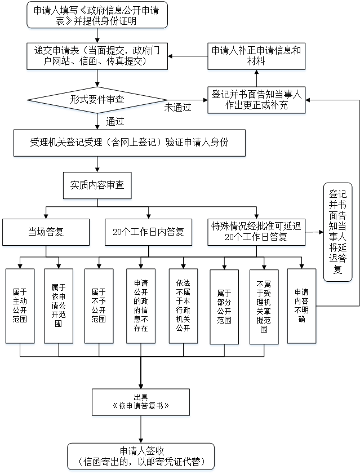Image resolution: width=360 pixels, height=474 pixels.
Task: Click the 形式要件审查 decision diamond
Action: pyautogui.click(x=96, y=99)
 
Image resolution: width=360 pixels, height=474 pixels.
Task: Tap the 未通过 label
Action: pyautogui.click(x=177, y=107)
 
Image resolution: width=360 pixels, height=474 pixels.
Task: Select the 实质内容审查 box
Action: pyautogui.click(x=97, y=184)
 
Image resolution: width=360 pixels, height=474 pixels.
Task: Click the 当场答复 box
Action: pyautogui.click(x=46, y=232)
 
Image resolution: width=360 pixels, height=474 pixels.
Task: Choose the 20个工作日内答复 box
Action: pyautogui.click(x=149, y=232)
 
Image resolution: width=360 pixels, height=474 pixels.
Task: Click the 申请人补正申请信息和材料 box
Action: pyautogui.click(x=256, y=55)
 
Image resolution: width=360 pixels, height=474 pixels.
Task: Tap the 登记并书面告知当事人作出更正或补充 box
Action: pyautogui.click(x=256, y=100)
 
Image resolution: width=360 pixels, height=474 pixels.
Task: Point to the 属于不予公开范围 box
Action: pyautogui.click(x=99, y=305)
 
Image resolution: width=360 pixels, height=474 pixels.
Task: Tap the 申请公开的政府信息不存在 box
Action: pyautogui.click(x=140, y=305)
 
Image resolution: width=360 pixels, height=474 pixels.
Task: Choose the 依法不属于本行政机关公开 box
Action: pyautogui.click(x=183, y=305)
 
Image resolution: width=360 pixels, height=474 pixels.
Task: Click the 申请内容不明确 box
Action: pyautogui.click(x=302, y=305)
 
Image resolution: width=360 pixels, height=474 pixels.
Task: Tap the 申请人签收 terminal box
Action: pyautogui.click(x=141, y=456)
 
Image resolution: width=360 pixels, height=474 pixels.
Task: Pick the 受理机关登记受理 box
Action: pyautogui.click(x=130, y=143)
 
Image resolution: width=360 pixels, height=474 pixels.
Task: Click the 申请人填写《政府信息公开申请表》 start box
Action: pyautogui.click(x=97, y=15)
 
